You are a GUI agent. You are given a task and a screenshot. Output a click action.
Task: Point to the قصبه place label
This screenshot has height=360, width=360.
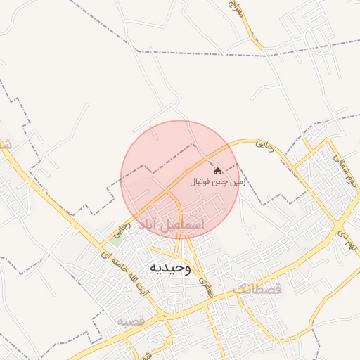pos(131,321)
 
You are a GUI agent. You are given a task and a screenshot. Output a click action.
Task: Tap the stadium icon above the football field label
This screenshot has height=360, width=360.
pos(217,171)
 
